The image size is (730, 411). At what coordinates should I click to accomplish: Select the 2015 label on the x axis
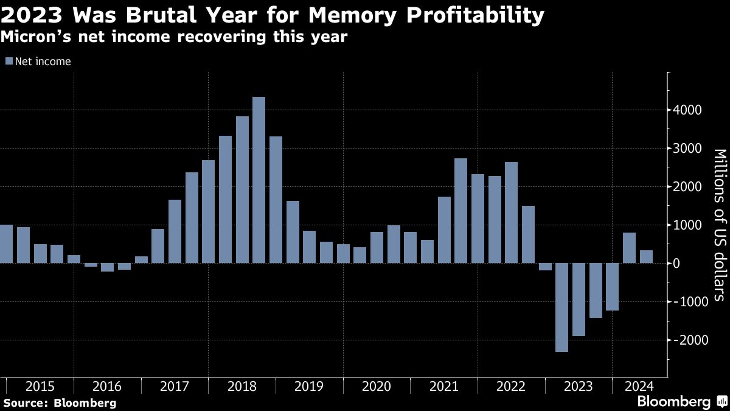(40, 387)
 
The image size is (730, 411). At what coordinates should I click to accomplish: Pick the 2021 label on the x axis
(443, 387)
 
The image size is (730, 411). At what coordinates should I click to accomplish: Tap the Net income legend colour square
(9, 61)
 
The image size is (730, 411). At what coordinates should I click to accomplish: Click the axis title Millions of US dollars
(719, 225)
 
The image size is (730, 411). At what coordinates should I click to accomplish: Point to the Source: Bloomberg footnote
(60, 402)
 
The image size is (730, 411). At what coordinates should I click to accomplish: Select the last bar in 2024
(646, 256)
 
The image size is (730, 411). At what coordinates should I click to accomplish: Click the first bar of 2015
(6, 244)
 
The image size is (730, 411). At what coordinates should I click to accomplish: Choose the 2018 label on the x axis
(242, 387)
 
